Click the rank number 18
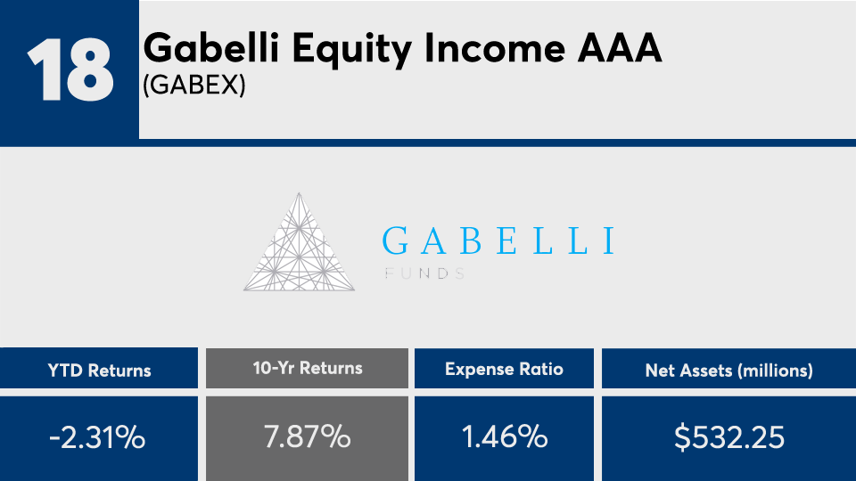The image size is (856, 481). (x=71, y=69)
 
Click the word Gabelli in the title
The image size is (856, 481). (x=211, y=47)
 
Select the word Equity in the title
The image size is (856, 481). (x=351, y=50)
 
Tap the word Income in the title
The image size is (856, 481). (x=495, y=48)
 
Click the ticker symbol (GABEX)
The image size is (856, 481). (x=194, y=86)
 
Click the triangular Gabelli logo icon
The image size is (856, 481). (x=300, y=241)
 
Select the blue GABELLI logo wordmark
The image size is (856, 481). (x=498, y=241)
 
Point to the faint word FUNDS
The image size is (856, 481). (x=424, y=273)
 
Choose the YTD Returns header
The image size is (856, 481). (x=99, y=371)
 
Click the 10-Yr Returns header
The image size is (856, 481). (x=308, y=368)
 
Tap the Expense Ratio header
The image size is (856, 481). (x=504, y=369)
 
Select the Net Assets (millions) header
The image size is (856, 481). (x=728, y=371)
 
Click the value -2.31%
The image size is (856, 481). (x=97, y=437)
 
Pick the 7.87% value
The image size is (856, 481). (x=308, y=436)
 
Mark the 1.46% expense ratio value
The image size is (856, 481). (x=505, y=436)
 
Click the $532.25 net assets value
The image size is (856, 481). (x=729, y=437)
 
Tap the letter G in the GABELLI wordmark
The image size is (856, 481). (x=395, y=241)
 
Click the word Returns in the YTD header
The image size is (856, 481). (x=119, y=371)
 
